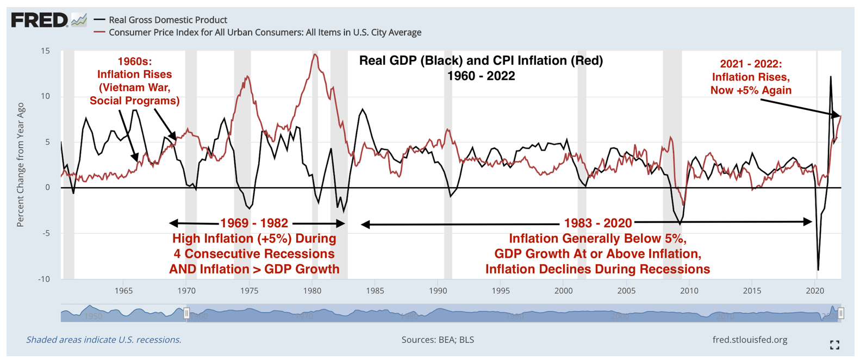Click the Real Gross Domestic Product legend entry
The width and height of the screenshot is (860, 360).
[167, 20]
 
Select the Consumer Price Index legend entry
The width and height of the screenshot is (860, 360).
[265, 33]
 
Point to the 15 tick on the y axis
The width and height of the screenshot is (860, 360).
[45, 51]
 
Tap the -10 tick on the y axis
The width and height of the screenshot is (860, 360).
[43, 279]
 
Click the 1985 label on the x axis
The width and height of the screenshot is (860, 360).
[375, 291]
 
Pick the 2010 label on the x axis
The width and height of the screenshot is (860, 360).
[689, 291]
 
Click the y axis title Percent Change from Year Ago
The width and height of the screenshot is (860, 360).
[21, 165]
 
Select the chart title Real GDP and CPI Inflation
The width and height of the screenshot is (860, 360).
[481, 61]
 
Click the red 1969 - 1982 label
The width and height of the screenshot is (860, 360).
[254, 224]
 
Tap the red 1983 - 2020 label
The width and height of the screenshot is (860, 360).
[597, 224]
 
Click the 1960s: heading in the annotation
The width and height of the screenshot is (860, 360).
[134, 62]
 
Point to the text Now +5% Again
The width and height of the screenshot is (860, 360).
[751, 90]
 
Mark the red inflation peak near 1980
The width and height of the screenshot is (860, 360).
[314, 54]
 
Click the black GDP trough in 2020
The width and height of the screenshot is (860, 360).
[818, 270]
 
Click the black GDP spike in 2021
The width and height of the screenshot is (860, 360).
[830, 77]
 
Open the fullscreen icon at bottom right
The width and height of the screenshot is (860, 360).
[834, 345]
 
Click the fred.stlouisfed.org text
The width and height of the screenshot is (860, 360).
[750, 340]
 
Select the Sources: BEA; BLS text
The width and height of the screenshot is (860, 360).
[438, 340]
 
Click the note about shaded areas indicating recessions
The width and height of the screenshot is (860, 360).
[104, 340]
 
